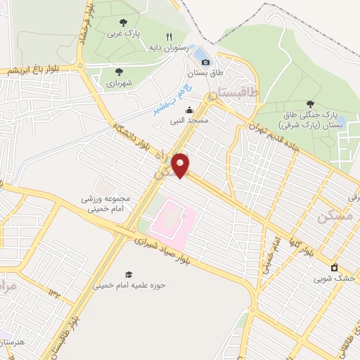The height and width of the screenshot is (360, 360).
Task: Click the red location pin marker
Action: [181, 166]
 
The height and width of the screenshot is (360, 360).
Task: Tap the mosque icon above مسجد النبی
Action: [189, 110]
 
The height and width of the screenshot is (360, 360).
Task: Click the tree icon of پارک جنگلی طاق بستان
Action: [310, 104]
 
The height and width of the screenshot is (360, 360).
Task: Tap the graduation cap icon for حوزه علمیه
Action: [128, 274]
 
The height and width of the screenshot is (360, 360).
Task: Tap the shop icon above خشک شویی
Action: [335, 267]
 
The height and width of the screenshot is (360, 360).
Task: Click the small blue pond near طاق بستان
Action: [201, 53]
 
